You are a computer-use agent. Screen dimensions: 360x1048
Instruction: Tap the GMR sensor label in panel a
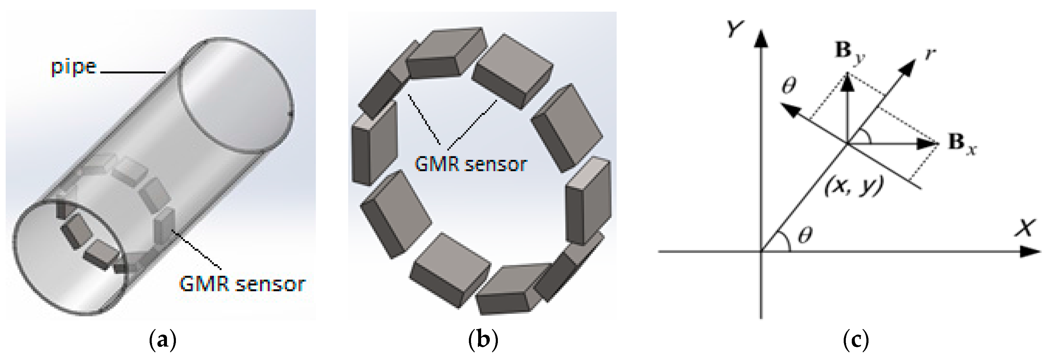(242, 284)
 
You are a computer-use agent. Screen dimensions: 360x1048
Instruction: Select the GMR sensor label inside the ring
(470, 164)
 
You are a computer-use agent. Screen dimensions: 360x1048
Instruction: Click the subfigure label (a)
(163, 340)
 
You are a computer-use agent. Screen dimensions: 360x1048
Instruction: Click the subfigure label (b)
(483, 340)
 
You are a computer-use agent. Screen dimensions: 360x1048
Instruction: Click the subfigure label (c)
(856, 340)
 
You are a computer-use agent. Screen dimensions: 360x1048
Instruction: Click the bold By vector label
(849, 52)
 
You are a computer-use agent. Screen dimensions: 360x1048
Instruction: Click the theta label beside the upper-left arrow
(789, 86)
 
